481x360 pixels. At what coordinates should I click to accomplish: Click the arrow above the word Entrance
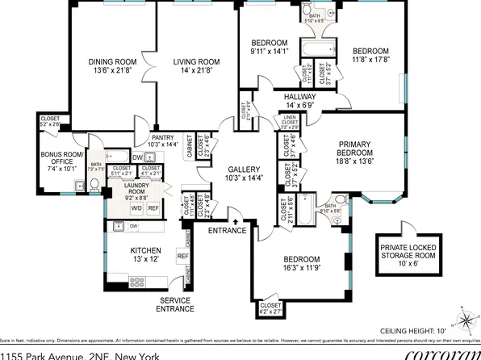coord(235,220)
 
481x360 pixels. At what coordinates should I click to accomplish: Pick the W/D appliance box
coord(136,207)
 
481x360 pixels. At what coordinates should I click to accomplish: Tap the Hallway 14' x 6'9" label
coord(300,100)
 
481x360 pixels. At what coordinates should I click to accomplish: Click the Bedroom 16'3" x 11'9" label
coord(302,262)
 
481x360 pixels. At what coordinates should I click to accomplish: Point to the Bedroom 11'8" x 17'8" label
coord(370,53)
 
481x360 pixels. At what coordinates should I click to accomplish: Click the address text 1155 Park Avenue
coord(44,354)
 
